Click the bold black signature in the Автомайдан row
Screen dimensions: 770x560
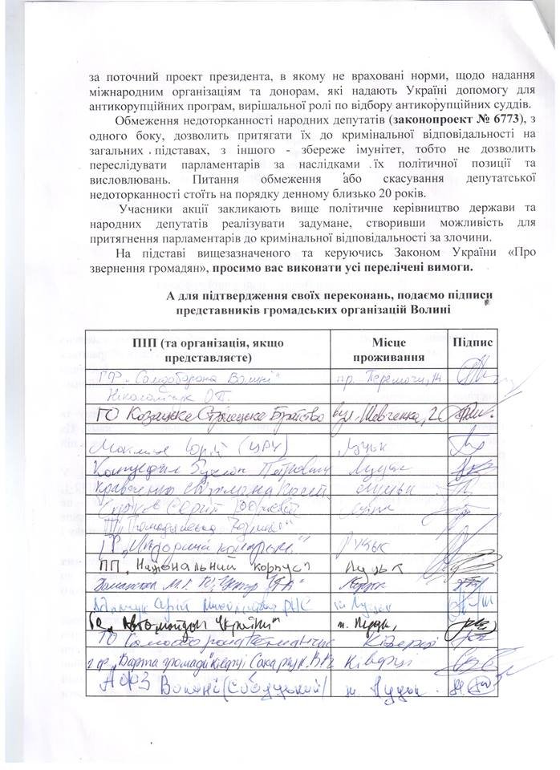coord(473,622)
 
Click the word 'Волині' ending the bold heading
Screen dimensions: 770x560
coord(429,310)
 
